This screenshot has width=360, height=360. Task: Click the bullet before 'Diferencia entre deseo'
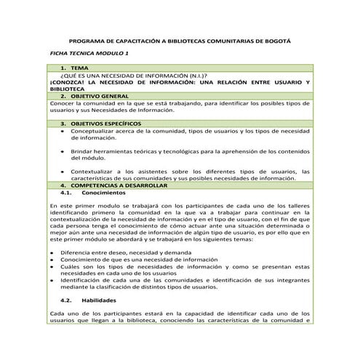point(52,251)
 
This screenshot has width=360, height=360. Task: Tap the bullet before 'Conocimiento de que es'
point(52,258)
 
